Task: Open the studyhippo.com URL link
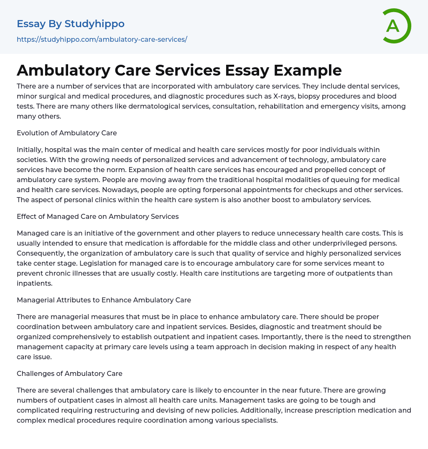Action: [102, 39]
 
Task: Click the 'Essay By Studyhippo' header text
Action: [71, 24]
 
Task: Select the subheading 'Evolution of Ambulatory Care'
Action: [67, 133]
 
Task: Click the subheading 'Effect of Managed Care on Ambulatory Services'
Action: [98, 216]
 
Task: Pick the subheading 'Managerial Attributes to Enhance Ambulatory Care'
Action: [104, 300]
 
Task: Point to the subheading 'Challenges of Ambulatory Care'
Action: [69, 373]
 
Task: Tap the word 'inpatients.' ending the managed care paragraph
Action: [34, 283]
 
